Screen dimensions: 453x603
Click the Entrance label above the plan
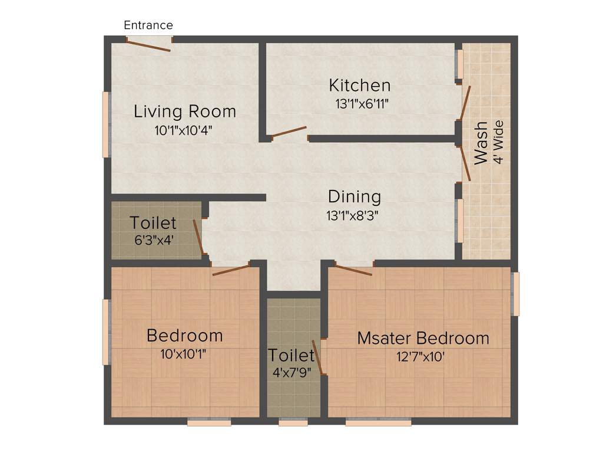148,25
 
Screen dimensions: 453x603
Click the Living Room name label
185,111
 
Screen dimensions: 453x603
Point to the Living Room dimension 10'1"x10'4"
183,131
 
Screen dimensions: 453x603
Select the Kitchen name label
359,86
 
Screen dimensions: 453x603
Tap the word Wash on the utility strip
481,142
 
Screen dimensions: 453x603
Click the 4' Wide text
499,142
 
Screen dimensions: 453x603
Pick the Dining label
354,196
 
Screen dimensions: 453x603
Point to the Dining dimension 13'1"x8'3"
352,216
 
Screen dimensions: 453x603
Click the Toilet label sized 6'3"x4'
153,223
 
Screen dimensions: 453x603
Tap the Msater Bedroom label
423,338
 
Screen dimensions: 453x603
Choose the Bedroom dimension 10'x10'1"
183,354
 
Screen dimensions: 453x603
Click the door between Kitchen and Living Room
289,132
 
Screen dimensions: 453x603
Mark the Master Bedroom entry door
354,270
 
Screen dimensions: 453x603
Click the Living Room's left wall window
106,124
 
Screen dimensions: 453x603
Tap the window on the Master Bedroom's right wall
516,293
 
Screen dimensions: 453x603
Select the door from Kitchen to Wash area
465,103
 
